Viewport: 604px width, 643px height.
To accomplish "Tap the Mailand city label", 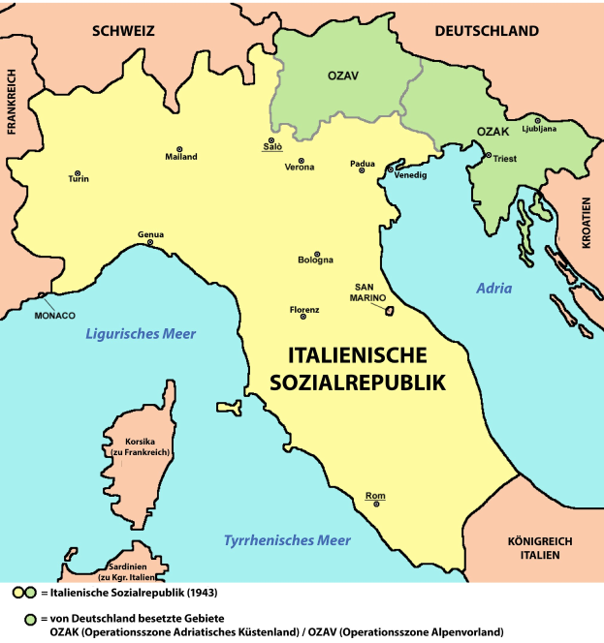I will pos(180,157).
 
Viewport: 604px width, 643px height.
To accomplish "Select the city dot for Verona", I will pos(302,160).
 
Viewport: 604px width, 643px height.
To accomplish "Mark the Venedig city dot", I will pos(391,169).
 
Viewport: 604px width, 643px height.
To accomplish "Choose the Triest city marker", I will pos(487,155).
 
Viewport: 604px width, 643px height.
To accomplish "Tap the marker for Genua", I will pos(150,242).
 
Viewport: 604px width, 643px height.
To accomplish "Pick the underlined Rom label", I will pos(375,497).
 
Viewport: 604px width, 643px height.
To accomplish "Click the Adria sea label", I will pos(494,289).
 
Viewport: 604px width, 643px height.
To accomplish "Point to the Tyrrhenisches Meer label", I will pos(287,540).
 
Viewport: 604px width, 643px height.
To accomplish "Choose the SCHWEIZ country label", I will pos(123,31).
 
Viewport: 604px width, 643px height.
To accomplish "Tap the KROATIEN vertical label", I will pos(586,224).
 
